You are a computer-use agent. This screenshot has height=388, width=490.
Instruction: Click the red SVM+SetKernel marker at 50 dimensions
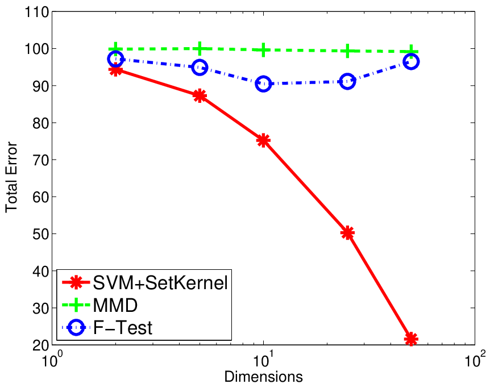tap(411, 339)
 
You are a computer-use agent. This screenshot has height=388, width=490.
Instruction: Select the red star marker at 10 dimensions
tap(263, 140)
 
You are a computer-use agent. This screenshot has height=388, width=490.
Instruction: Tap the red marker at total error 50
tap(347, 233)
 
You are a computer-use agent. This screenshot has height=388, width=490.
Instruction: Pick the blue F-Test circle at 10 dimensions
tap(263, 84)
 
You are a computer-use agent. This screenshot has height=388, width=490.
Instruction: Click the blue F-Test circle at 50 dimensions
tap(411, 61)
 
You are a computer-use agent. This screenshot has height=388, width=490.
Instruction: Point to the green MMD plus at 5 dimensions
tap(200, 48)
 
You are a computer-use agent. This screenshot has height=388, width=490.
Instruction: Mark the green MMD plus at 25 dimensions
tap(347, 51)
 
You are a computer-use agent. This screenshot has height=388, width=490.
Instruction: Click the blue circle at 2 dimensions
tap(115, 59)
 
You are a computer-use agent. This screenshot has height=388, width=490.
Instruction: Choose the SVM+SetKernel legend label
tap(160, 283)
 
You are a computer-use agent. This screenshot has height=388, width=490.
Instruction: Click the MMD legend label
tap(115, 305)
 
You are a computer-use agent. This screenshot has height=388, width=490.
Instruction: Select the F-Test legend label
tap(123, 328)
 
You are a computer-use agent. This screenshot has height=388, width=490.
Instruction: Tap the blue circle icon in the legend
tap(76, 328)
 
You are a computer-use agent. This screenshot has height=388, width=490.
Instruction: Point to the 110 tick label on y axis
tap(36, 12)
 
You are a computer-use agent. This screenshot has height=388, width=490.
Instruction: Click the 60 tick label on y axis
tap(40, 197)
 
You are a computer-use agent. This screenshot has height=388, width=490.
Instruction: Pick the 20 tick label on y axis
tap(40, 345)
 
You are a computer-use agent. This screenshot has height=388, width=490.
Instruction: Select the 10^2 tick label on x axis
tap(475, 359)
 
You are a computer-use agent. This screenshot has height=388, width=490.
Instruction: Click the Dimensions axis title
tap(263, 377)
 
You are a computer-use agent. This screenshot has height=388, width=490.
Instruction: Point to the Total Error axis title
tap(11, 177)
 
